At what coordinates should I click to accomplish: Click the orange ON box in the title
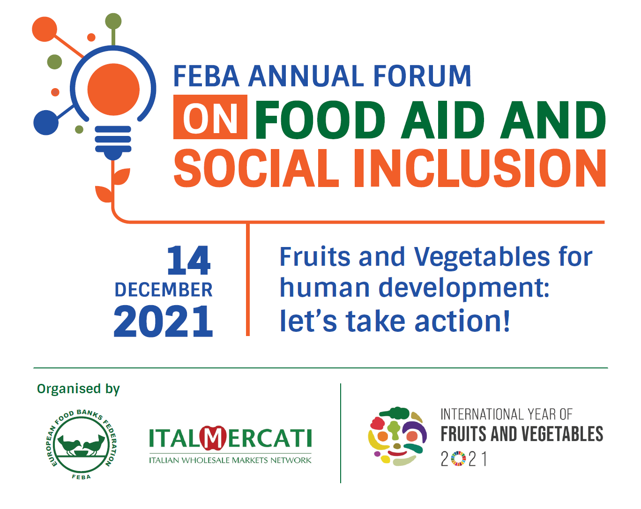pos(210,117)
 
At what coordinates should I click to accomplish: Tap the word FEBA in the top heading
pos(206,76)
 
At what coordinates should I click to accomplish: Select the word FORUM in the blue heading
pos(422,76)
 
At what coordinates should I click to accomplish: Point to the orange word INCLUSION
pos(480,168)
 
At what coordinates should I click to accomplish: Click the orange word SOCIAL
pos(256,168)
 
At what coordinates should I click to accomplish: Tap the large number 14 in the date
pos(189,260)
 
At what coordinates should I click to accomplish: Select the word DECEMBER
pos(164,290)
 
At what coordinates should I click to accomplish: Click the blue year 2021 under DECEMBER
pos(163,321)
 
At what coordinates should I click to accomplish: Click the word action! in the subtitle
pos(462,321)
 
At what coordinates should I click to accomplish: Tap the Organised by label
pos(78,389)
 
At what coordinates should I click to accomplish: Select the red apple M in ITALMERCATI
pos(213,438)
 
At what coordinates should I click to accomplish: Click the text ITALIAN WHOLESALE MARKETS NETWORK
pos(230,460)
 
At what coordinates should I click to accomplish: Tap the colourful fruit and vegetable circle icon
pos(397,436)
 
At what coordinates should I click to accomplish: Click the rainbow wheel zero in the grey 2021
pos(458,459)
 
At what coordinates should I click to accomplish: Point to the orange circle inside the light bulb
pos(113,90)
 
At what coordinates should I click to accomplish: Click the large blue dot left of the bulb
pos(46,122)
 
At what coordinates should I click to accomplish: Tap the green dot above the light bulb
pos(113,21)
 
